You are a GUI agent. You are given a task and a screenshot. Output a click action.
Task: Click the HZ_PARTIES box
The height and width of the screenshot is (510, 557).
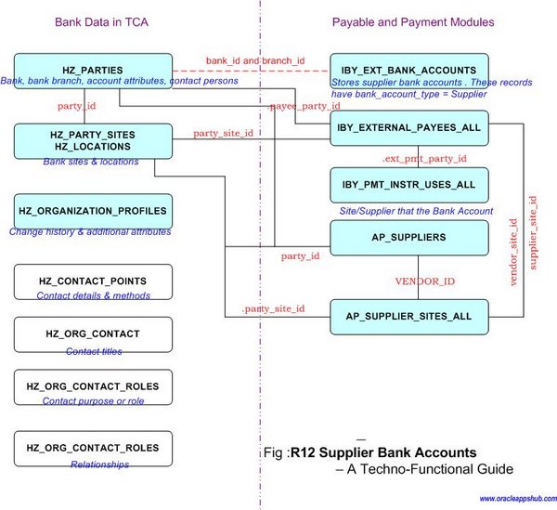click(93, 70)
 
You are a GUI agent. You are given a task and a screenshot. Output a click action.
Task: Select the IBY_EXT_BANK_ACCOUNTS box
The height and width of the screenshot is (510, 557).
click(409, 70)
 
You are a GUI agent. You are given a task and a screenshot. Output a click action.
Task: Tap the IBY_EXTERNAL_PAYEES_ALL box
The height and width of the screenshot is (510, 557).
click(409, 128)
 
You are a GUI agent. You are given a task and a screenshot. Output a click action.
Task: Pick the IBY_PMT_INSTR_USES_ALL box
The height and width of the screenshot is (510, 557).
click(409, 185)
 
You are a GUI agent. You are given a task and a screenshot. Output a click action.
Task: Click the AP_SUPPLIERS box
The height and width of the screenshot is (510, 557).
click(409, 238)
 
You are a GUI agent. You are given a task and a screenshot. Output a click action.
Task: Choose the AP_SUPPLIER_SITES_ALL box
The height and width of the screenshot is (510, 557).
click(409, 316)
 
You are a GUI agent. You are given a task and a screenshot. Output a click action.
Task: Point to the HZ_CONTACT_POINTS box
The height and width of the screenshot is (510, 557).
click(93, 280)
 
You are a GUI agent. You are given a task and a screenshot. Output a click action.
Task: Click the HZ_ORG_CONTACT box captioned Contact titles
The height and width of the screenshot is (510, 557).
click(93, 333)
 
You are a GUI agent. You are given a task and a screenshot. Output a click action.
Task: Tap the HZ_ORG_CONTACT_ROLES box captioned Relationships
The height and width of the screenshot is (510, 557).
click(93, 448)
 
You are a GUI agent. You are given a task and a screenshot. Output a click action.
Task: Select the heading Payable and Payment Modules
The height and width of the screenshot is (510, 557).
click(412, 20)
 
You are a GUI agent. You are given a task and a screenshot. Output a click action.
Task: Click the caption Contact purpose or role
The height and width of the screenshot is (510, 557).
click(93, 401)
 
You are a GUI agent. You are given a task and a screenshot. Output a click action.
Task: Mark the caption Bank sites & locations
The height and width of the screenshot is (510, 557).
click(90, 162)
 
